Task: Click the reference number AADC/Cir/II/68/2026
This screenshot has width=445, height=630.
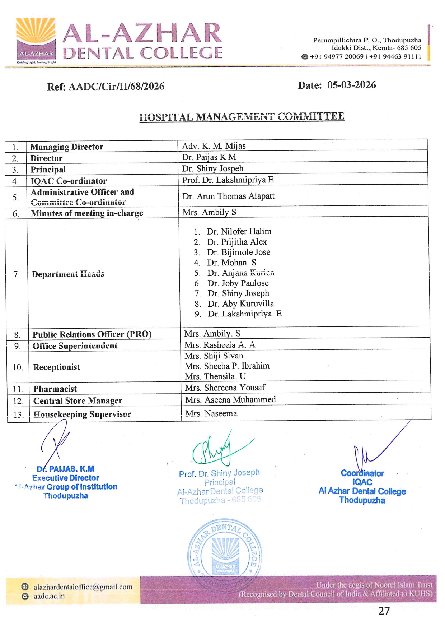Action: tap(116, 87)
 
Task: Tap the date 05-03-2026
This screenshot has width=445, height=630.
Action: tap(351, 85)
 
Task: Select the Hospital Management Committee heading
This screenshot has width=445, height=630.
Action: tap(242, 117)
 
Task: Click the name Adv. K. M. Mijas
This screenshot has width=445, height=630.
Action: tap(214, 146)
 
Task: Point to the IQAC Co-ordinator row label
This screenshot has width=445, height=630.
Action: tap(69, 181)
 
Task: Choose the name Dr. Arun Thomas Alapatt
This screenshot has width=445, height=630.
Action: tap(228, 196)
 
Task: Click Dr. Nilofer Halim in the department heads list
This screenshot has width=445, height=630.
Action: tap(239, 231)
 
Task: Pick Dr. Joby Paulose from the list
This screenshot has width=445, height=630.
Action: tap(238, 283)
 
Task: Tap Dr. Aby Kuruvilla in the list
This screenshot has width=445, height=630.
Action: tap(240, 304)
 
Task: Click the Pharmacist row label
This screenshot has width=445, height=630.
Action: tap(55, 389)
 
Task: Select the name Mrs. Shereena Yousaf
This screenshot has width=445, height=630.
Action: tap(225, 388)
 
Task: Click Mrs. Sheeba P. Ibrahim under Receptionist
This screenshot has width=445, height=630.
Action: tap(227, 366)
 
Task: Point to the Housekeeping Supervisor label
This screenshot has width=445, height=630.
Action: tap(82, 414)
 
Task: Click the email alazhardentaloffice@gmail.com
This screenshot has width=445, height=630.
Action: tap(83, 587)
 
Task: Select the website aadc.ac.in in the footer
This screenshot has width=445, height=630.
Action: tap(49, 596)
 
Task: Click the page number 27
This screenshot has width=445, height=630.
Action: tap(384, 611)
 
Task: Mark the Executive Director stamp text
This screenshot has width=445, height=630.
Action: tap(66, 478)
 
